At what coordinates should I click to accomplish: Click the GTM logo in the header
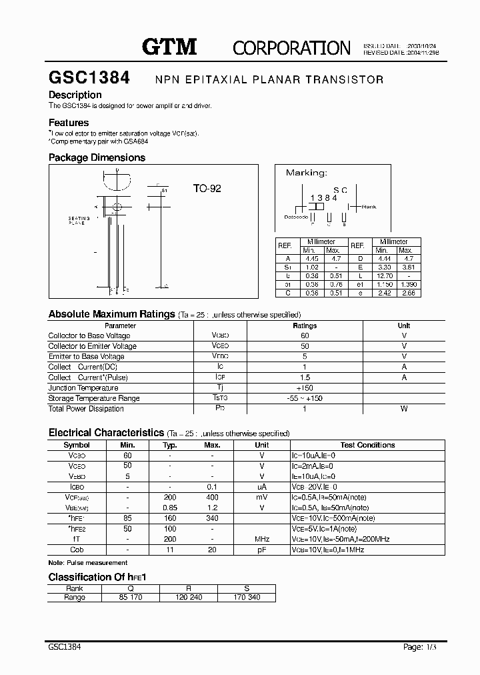(x=169, y=46)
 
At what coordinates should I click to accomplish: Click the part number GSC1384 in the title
(x=89, y=78)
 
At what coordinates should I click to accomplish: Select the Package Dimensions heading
(x=97, y=157)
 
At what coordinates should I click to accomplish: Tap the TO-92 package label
(x=207, y=189)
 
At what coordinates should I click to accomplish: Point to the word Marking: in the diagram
(x=306, y=173)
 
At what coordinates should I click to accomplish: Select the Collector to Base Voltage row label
(x=89, y=335)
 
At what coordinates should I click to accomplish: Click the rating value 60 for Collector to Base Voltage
(x=305, y=335)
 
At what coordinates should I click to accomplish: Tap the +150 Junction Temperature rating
(x=305, y=388)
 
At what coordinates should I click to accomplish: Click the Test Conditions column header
(x=367, y=445)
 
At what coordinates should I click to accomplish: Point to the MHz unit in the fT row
(x=262, y=539)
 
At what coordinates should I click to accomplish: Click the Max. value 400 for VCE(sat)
(x=212, y=498)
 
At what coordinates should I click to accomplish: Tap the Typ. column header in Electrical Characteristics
(x=170, y=445)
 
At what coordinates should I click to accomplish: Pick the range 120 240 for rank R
(x=189, y=598)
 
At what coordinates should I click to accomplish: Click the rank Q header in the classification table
(x=131, y=588)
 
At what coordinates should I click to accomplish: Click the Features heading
(x=69, y=123)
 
